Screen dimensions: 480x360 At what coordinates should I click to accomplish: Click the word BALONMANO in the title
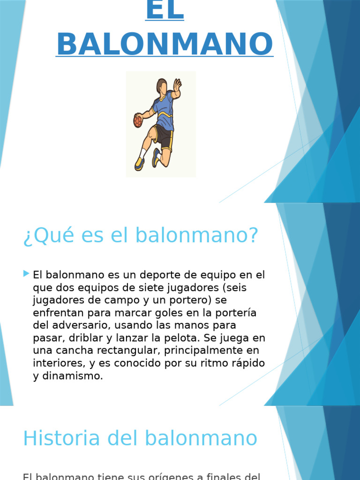164,45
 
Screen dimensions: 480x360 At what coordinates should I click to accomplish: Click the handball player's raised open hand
177,86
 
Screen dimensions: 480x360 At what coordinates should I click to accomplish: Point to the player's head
162,86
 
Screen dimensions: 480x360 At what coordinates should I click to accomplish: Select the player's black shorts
163,136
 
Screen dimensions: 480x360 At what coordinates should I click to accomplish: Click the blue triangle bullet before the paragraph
26,273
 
